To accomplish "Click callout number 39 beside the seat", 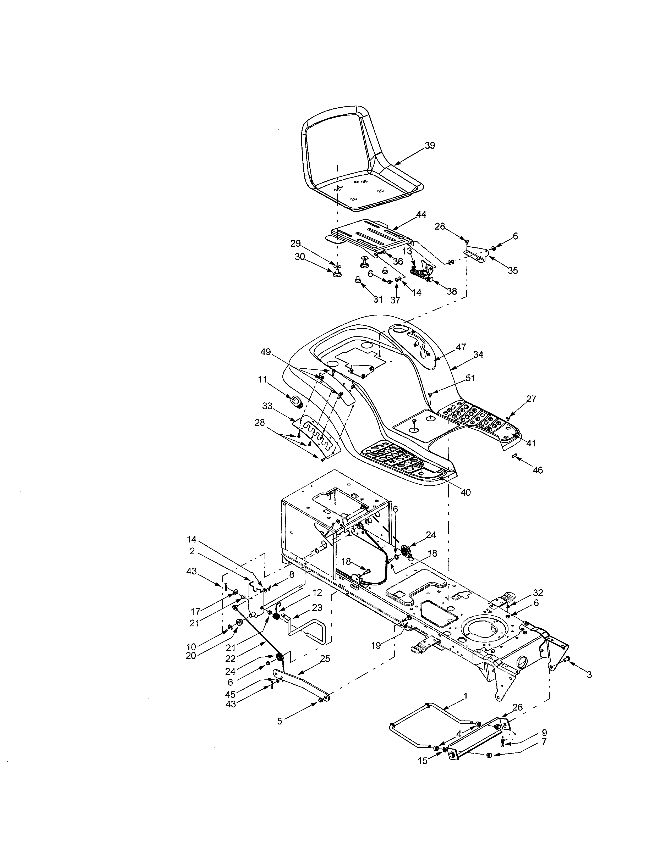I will point(430,146).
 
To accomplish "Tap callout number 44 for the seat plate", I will point(421,214).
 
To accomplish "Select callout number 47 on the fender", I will point(461,347).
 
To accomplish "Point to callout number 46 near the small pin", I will point(537,470).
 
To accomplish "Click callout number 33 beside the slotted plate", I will point(267,406).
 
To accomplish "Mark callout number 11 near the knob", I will point(263,379).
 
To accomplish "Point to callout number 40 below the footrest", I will point(466,492).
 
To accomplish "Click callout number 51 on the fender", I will point(470,378).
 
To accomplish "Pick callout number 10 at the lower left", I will point(191,647).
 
